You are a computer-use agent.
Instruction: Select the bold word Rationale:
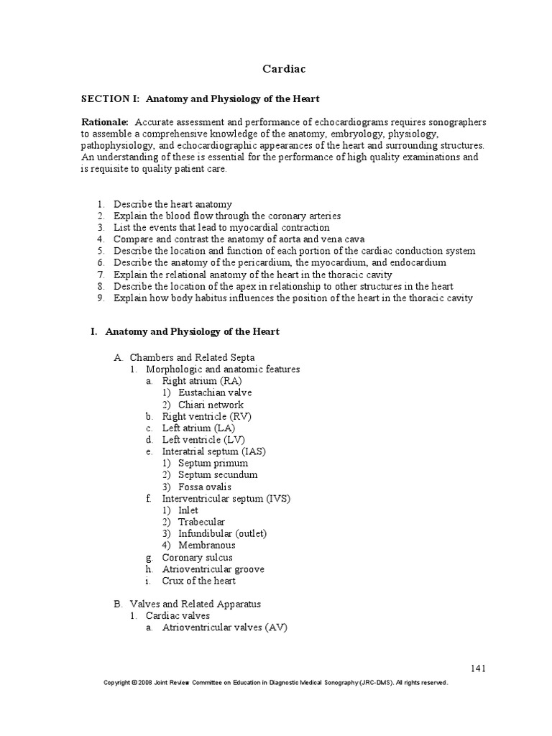[105, 122]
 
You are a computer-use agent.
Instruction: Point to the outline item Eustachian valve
[215, 392]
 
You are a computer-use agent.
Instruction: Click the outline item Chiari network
[212, 405]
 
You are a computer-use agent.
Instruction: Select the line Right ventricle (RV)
[206, 416]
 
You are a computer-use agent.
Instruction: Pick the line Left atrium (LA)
[198, 428]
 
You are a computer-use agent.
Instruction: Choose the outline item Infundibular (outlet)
[222, 533]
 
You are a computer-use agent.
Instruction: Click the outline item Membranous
[206, 545]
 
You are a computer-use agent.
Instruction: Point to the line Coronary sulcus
[197, 557]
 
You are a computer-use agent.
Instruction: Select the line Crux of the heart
[198, 581]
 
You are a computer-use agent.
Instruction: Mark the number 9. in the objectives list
[101, 298]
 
